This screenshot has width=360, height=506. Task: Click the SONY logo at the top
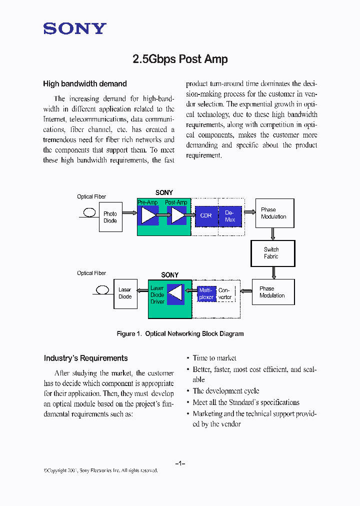75,28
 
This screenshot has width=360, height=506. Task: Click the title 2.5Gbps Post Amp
180,59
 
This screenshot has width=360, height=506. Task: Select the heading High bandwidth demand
85,84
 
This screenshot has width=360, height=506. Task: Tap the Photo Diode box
110,217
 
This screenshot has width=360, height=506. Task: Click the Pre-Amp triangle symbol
148,215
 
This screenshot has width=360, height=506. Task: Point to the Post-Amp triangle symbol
177,215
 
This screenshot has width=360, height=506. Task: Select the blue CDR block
206,216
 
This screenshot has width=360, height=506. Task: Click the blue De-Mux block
230,216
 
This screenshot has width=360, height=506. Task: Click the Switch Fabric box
272,253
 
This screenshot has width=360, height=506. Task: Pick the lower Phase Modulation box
273,292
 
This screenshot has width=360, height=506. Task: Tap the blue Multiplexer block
206,293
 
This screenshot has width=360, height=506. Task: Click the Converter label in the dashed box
225,294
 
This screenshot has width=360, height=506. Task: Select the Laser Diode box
125,293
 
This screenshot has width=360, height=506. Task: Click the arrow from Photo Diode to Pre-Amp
129,213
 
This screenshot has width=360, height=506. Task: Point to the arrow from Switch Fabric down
273,273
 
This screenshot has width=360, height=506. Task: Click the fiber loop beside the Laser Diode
102,289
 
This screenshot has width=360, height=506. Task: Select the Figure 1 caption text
180,333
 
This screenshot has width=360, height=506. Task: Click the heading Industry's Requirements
85,358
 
